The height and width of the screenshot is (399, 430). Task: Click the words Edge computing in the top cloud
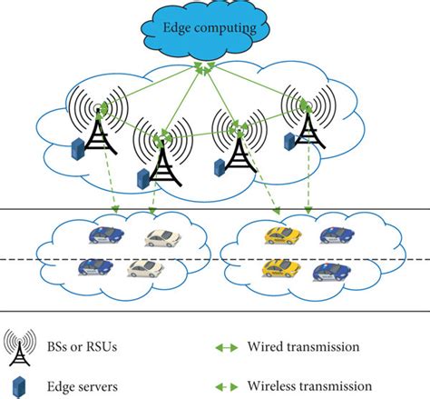(x=214, y=27)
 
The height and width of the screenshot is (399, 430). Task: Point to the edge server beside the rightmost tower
(x=287, y=141)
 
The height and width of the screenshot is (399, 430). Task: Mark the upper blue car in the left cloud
(x=105, y=234)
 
